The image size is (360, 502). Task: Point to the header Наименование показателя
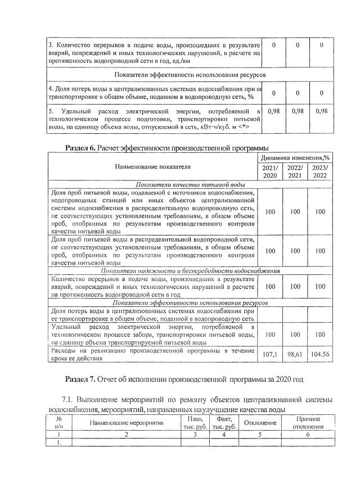coord(153,166)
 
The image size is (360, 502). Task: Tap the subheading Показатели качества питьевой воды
coord(191,184)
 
